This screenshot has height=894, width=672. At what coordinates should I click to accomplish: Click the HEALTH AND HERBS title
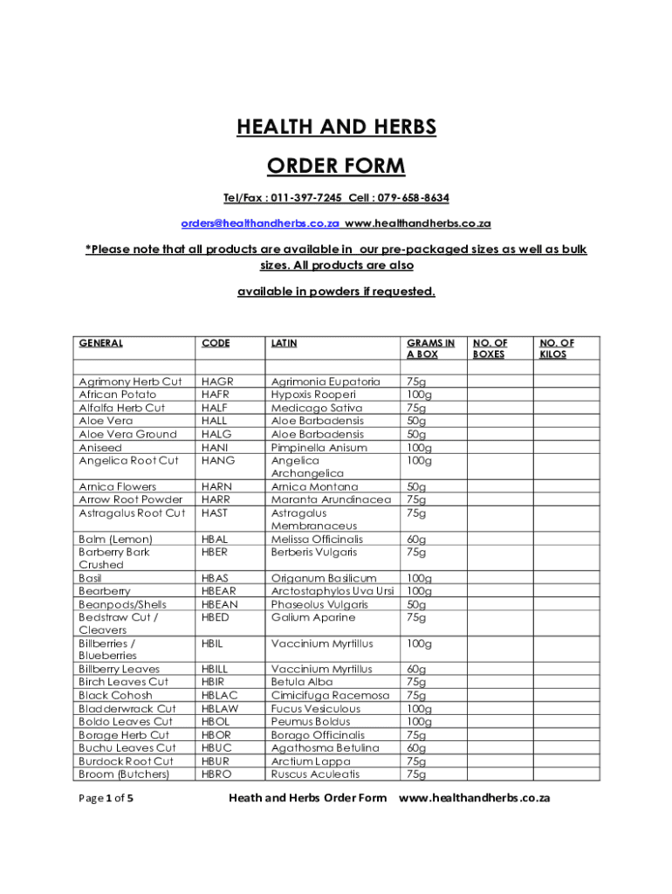(x=336, y=128)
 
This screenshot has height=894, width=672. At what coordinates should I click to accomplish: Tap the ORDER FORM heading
(x=336, y=166)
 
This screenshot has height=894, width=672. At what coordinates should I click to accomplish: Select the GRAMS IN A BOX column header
(x=430, y=349)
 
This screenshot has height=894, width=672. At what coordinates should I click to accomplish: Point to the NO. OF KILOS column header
(x=557, y=349)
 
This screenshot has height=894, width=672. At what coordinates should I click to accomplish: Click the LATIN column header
(x=285, y=343)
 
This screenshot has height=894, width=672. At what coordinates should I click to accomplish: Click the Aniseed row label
(x=100, y=447)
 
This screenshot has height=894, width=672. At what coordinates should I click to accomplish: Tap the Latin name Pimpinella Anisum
(x=319, y=447)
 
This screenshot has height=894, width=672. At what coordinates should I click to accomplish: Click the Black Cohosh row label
(x=115, y=696)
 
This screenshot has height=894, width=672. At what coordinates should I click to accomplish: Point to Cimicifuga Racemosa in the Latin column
(x=330, y=696)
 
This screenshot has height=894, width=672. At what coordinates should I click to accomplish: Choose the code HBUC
(x=217, y=748)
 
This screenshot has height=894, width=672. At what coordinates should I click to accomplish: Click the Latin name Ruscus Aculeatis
(x=315, y=774)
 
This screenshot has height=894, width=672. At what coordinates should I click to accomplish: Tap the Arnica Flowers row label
(x=118, y=486)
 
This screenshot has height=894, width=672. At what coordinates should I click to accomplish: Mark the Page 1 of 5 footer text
(x=106, y=798)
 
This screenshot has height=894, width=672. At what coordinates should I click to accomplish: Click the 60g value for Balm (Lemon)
(x=416, y=540)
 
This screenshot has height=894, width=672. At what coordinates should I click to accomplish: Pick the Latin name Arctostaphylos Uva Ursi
(x=333, y=591)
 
